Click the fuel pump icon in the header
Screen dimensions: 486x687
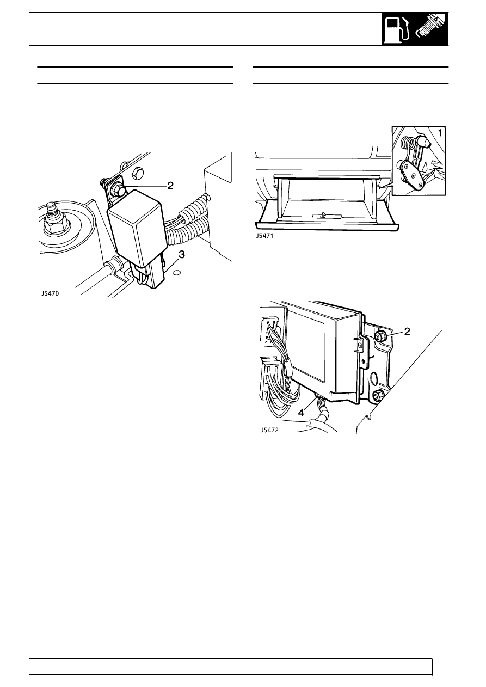[x=398, y=29]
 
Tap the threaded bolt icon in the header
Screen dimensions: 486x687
[x=431, y=29]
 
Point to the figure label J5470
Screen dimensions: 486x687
[x=50, y=293]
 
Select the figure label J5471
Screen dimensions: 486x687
[x=264, y=236]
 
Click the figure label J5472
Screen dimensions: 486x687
[x=270, y=430]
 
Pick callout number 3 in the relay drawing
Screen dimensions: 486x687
[x=182, y=254]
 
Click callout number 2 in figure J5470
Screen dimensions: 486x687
[x=170, y=185]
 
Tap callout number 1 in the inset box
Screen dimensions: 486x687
[x=440, y=133]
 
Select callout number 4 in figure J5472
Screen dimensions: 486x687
[x=302, y=413]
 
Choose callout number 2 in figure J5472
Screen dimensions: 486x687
[x=407, y=331]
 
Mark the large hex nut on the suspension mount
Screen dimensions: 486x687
[x=56, y=223]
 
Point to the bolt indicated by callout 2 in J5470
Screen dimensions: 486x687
[x=119, y=189]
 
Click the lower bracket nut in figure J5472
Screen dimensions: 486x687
[x=378, y=395]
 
